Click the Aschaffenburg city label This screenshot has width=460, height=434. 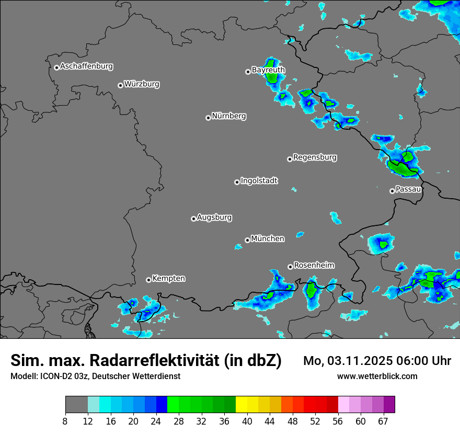[86, 66]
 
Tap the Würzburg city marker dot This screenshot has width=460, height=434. [120, 85]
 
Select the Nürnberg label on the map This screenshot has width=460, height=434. [229, 116]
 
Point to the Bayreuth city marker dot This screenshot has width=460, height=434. [248, 72]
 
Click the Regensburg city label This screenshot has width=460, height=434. [315, 157]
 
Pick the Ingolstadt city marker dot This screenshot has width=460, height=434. [237, 182]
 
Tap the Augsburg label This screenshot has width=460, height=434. [214, 217]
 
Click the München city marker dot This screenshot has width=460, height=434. [247, 240]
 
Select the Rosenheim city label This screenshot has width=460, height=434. [314, 265]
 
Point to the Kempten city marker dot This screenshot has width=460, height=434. [148, 280]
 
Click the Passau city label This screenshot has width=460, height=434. [408, 189]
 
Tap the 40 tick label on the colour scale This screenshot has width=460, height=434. [247, 421]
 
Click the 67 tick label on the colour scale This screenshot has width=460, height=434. [383, 421]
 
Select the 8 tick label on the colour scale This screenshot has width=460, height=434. [65, 421]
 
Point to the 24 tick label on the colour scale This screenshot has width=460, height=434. [156, 421]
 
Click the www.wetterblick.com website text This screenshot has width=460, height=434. [377, 376]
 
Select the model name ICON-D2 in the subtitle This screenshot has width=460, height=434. [55, 376]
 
